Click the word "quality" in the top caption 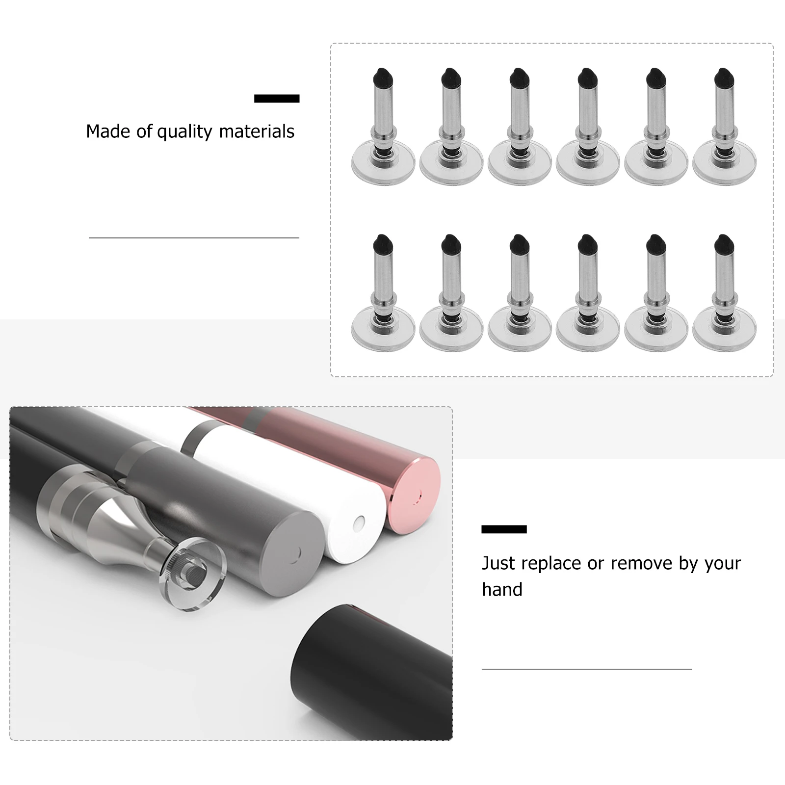pyautogui.click(x=184, y=132)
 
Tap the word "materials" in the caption pyautogui.click(x=257, y=131)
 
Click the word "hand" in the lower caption pyautogui.click(x=502, y=589)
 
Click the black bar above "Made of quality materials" pyautogui.click(x=277, y=99)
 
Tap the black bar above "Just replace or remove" pyautogui.click(x=504, y=529)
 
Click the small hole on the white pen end pyautogui.click(x=361, y=522)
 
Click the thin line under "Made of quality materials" pyautogui.click(x=194, y=238)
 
